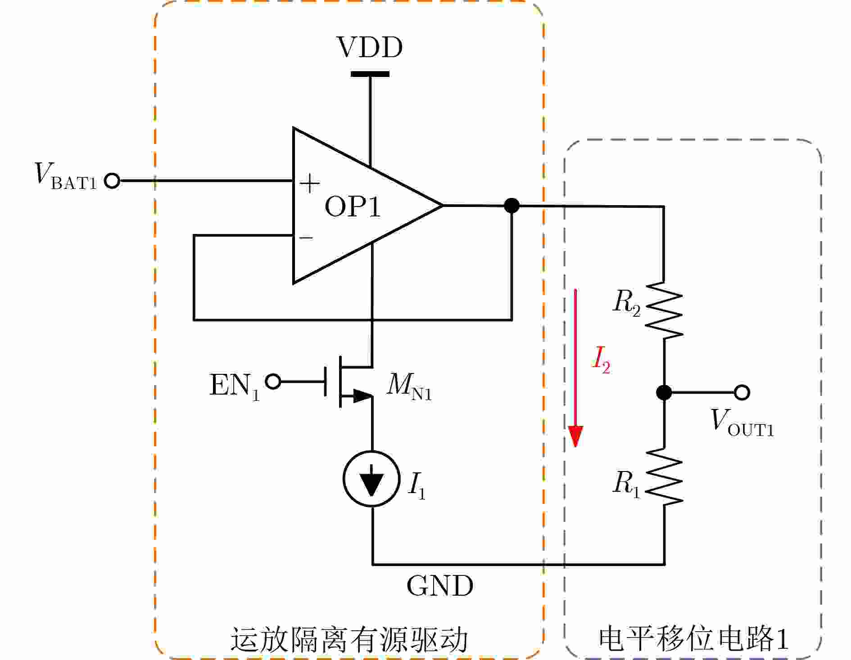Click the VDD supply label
[x=370, y=47]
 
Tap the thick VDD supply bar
[x=370, y=74]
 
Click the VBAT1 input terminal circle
[x=112, y=181]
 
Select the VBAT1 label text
[x=66, y=176]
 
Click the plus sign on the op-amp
[x=310, y=184]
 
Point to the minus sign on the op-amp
[x=306, y=237]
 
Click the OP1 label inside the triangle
[x=353, y=207]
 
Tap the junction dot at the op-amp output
[x=512, y=206]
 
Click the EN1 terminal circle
[x=273, y=382]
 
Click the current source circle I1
[x=371, y=479]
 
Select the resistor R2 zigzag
[x=664, y=310]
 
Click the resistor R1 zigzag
[x=664, y=476]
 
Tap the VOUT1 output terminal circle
[x=742, y=392]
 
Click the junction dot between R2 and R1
[x=664, y=392]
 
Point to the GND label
[x=440, y=586]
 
